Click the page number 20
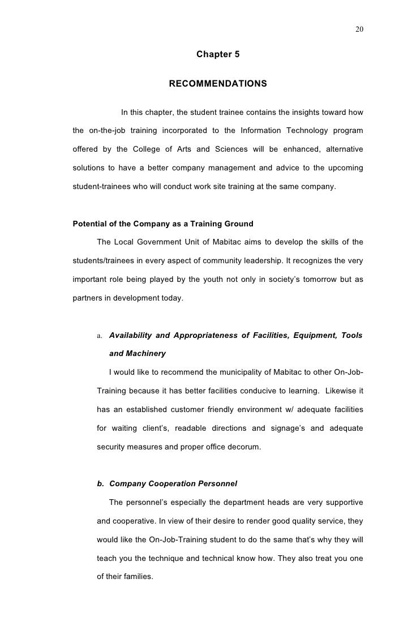(x=359, y=29)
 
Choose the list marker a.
(x=100, y=336)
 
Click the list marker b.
(x=100, y=484)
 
